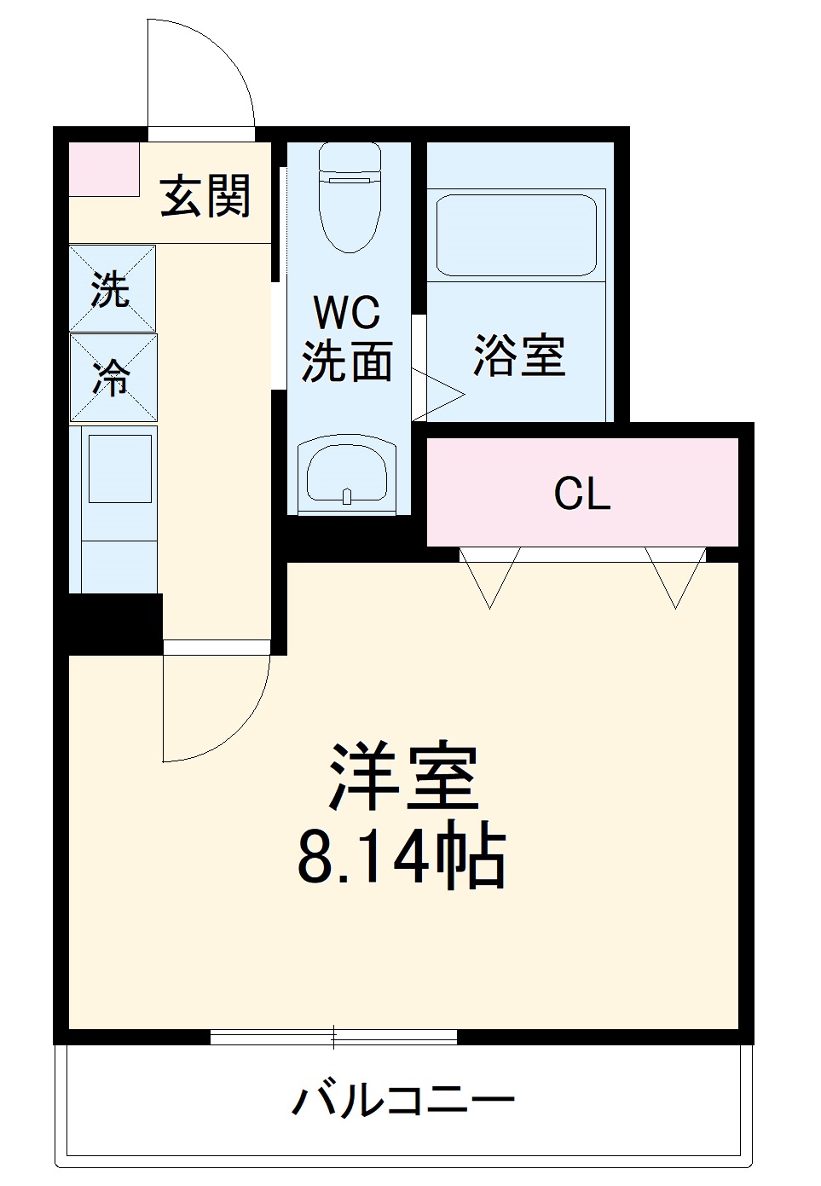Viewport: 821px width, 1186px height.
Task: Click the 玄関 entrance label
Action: click(x=205, y=196)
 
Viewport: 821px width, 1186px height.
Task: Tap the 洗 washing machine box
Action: click(x=112, y=288)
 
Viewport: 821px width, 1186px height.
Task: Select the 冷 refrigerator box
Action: click(x=113, y=377)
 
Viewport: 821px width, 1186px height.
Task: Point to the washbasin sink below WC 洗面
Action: click(x=347, y=476)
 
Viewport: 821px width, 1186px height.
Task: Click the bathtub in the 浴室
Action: click(x=516, y=234)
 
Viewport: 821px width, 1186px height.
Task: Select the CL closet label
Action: click(x=581, y=493)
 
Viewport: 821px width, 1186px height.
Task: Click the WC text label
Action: click(x=346, y=313)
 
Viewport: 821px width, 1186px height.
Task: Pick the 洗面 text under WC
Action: click(x=346, y=362)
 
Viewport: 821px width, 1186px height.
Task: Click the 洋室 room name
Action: click(x=403, y=778)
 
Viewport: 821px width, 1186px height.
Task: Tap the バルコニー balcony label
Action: click(x=402, y=1100)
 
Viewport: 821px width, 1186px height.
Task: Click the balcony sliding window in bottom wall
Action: click(x=333, y=1037)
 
